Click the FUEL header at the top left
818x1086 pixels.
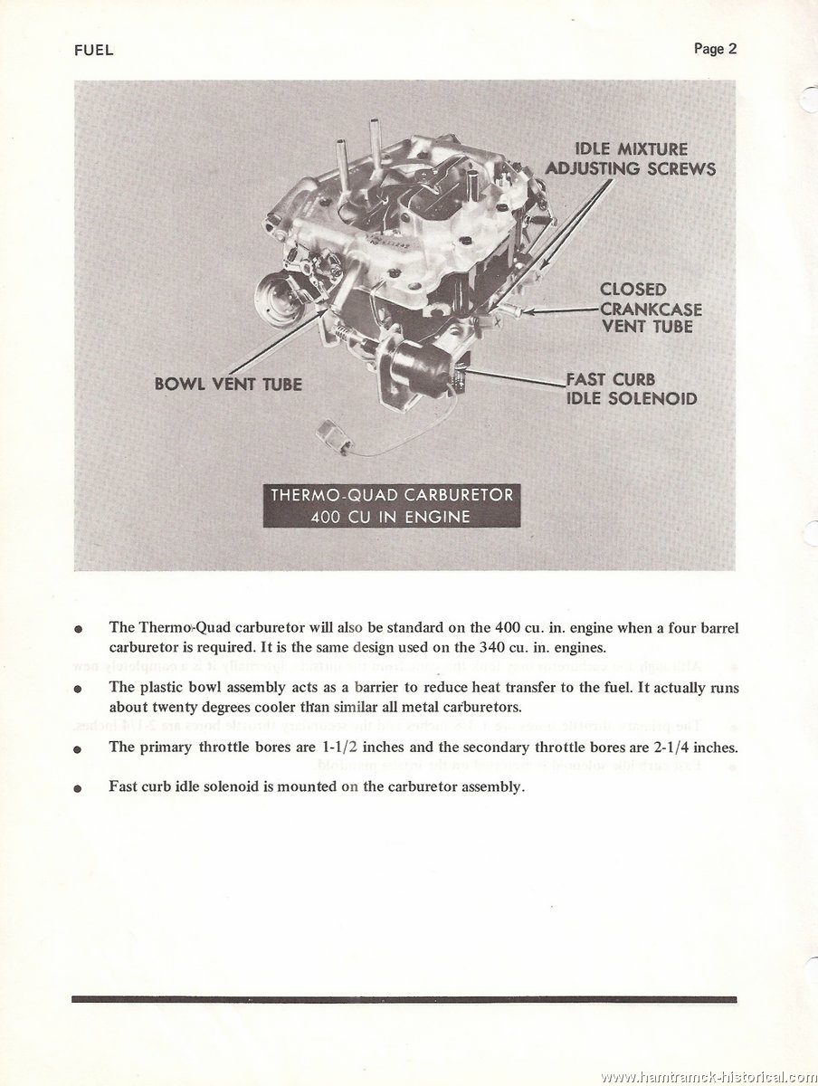93,51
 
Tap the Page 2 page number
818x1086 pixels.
715,49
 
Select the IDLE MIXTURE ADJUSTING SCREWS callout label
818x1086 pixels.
631,159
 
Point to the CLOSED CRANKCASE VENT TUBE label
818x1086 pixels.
651,308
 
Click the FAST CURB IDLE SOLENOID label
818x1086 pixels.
632,389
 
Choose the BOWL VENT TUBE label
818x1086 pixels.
228,385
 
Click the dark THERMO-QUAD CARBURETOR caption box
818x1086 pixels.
392,505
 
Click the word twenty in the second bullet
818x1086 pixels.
168,708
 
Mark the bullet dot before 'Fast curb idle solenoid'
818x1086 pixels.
77,788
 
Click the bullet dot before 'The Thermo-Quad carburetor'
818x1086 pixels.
77,629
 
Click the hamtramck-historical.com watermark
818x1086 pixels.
709,1076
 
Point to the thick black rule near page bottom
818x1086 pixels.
404,972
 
